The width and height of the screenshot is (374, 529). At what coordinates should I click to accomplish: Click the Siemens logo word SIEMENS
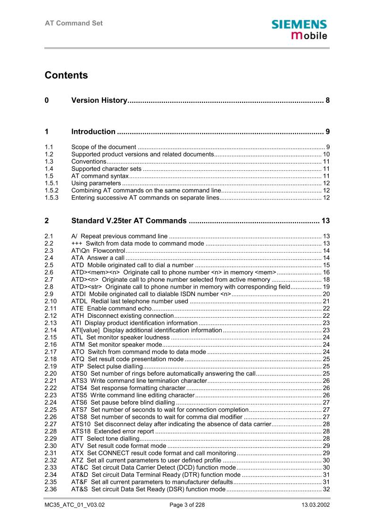(299, 25)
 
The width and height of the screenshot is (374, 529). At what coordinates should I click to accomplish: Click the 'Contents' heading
(66, 75)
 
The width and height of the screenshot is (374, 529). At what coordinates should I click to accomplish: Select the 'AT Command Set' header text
(74, 23)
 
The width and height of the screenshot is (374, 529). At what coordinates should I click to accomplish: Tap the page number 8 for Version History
(327, 100)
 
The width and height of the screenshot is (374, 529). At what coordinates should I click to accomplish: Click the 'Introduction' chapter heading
(93, 132)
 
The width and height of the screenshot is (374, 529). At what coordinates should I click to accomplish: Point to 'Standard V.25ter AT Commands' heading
(129, 221)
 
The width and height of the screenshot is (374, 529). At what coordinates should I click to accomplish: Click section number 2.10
(50, 301)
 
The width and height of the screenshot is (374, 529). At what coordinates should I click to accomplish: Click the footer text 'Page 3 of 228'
(187, 505)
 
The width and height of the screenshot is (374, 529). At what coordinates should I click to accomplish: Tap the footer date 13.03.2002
(316, 505)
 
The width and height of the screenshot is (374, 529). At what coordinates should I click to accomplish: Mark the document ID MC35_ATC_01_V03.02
(75, 505)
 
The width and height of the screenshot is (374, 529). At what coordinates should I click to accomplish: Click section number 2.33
(50, 468)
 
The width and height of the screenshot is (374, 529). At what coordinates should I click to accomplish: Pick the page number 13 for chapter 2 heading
(325, 221)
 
